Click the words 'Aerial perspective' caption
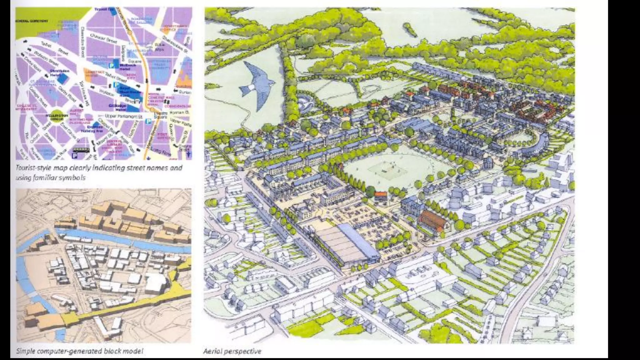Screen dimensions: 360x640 pyautogui.click(x=232, y=351)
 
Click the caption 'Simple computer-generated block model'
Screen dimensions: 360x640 pyautogui.click(x=80, y=351)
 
